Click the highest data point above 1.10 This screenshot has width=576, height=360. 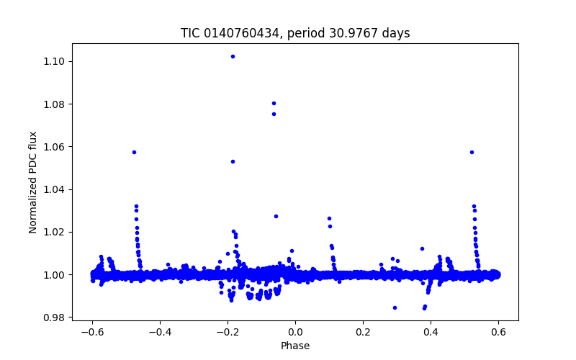[x=233, y=56]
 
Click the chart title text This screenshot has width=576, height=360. [x=295, y=33]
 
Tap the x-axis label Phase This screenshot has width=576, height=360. [x=295, y=346]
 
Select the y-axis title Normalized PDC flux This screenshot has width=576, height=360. [x=33, y=182]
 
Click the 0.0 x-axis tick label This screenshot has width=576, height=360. [x=295, y=333]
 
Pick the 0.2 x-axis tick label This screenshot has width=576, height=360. [x=363, y=333]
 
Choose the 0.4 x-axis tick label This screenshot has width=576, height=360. [x=431, y=333]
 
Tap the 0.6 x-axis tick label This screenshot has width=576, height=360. [x=498, y=333]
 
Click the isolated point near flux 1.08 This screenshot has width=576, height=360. [x=274, y=103]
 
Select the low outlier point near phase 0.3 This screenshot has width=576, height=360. [x=395, y=307]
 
